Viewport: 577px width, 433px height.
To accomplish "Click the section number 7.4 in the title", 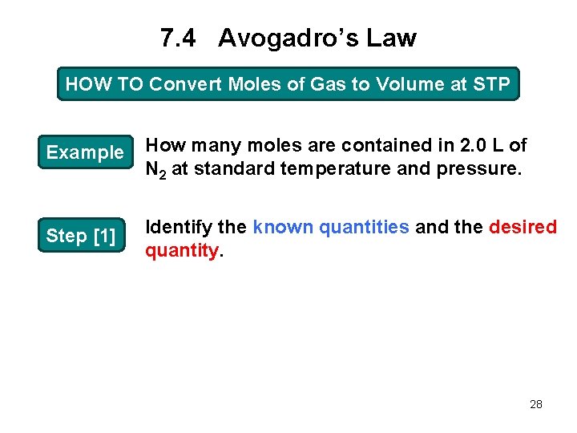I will tap(178, 38).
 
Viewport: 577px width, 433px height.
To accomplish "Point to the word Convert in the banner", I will tap(182, 84).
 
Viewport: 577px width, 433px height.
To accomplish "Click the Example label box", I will tap(85, 152).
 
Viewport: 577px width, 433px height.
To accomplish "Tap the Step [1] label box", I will tap(81, 236).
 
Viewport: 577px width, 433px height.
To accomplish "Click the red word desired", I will tap(523, 227).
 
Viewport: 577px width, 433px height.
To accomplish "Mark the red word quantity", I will tap(180, 250).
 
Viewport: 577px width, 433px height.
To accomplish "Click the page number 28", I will tap(536, 404).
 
